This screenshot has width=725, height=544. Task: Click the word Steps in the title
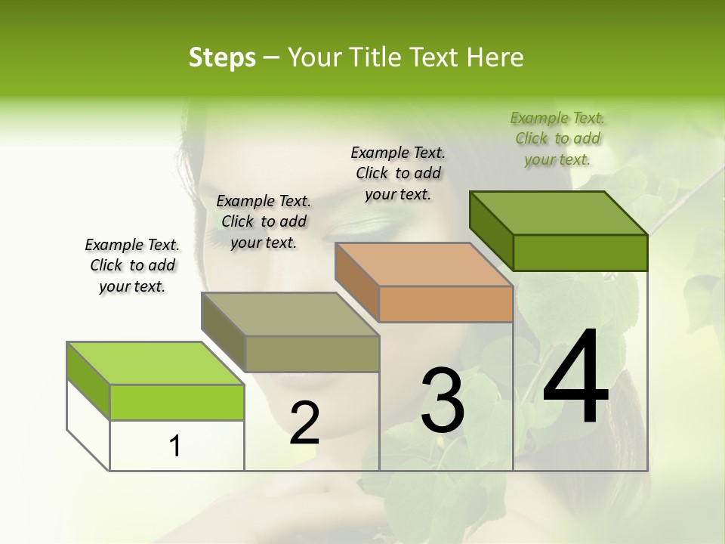222,57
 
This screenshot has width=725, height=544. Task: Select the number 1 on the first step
174,447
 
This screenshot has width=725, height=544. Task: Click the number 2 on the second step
304,423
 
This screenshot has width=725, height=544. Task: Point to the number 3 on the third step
442,400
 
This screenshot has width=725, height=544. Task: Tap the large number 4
575,378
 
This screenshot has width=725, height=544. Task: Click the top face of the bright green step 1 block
155,363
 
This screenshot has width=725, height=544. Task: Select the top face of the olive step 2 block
290,314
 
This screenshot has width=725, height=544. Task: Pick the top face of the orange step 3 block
424,264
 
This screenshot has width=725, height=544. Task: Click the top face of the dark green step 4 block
559,213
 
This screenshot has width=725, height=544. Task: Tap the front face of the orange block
446,304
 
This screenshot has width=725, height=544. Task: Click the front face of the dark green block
580,252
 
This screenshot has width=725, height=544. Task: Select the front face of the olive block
312,354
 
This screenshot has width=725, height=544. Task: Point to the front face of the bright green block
177,402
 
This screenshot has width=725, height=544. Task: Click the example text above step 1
132,265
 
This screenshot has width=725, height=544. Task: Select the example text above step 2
264,221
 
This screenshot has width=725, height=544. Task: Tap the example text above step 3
398,173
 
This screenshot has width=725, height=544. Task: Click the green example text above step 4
557,138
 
